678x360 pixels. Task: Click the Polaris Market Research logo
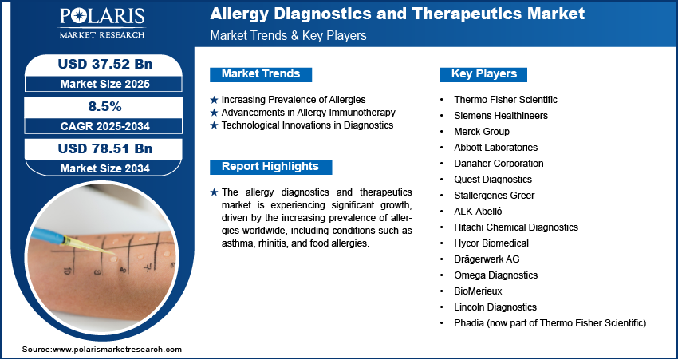point(102,22)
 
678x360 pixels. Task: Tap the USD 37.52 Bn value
point(105,65)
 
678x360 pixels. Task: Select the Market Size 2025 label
point(105,84)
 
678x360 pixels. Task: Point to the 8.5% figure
point(105,106)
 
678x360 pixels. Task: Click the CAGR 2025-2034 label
point(105,126)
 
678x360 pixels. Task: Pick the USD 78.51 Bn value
point(105,148)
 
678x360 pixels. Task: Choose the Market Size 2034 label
point(105,168)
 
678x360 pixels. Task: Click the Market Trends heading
point(261,74)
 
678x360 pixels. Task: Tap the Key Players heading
point(484,74)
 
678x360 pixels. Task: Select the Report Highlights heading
point(270,167)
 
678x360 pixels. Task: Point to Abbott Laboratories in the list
point(495,148)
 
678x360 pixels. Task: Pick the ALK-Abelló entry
point(478,212)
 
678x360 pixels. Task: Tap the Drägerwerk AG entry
point(487,259)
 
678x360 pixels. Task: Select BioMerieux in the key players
point(478,291)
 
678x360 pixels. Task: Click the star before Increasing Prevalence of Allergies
point(214,100)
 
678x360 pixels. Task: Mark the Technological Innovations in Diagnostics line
point(307,125)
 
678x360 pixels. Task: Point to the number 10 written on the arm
point(66,271)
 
